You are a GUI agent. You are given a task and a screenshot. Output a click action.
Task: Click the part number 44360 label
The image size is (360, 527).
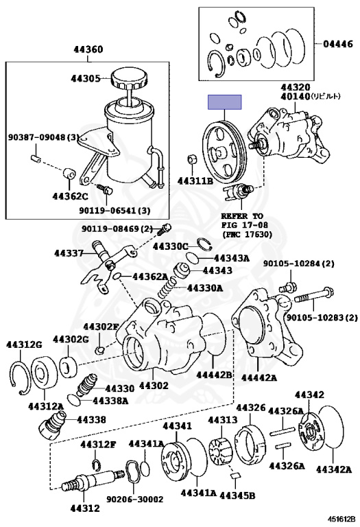[x=88, y=49]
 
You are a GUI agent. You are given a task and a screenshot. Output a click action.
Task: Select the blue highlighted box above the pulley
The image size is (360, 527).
[x=225, y=102]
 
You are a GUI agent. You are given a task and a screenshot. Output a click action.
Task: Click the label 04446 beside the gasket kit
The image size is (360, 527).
[x=338, y=44]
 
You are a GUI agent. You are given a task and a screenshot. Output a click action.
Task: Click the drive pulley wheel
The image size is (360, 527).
[x=224, y=152]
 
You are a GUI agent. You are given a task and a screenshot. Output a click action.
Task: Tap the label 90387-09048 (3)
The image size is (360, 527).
[x=43, y=137]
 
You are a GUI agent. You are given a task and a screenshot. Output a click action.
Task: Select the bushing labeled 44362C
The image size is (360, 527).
[x=69, y=174]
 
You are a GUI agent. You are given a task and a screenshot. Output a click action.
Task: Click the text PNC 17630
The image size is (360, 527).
[x=247, y=234]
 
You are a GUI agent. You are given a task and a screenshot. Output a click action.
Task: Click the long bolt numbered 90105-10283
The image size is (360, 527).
[x=313, y=296]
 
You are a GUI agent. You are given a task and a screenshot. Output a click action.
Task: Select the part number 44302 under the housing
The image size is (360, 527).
[x=154, y=385]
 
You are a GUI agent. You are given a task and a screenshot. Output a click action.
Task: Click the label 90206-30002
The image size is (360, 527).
[x=135, y=499]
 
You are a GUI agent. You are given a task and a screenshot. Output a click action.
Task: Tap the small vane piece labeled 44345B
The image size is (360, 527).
[x=235, y=476]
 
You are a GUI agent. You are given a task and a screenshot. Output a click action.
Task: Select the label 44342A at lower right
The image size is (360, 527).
[x=334, y=469]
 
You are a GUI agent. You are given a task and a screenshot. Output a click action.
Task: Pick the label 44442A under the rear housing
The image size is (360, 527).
[x=259, y=378]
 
